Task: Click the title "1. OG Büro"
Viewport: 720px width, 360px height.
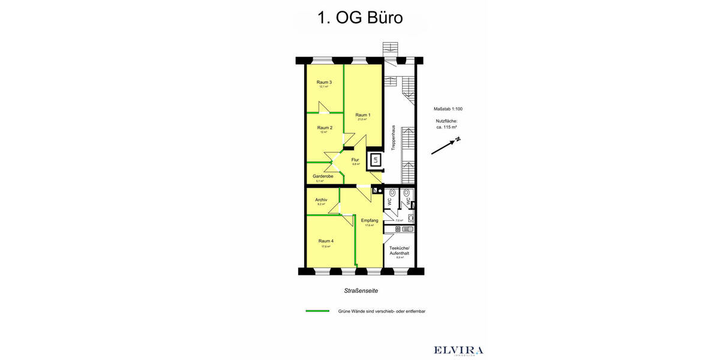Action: pos(359,18)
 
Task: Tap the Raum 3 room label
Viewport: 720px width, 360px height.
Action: pos(324,82)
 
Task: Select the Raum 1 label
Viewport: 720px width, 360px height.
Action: pos(362,115)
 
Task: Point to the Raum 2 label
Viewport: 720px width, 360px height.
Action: pos(324,127)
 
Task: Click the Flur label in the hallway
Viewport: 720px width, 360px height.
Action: pos(355,160)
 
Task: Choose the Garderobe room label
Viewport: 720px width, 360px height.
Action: pos(322,176)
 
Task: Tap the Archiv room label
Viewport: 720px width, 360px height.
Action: pos(320,200)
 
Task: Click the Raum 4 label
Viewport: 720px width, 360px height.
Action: pos(326,241)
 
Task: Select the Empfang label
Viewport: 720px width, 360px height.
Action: pos(369,221)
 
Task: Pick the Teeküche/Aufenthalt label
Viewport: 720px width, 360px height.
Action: pos(399,251)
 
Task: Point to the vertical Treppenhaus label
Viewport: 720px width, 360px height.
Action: pos(393,137)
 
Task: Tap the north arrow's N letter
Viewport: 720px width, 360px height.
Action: pos(458,139)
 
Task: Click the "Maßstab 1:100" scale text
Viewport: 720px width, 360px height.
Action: pos(448,109)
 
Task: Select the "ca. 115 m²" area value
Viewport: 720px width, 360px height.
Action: pos(447,127)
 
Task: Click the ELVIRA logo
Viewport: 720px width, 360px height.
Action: pos(458,350)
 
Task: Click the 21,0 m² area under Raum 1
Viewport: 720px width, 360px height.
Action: pos(362,119)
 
